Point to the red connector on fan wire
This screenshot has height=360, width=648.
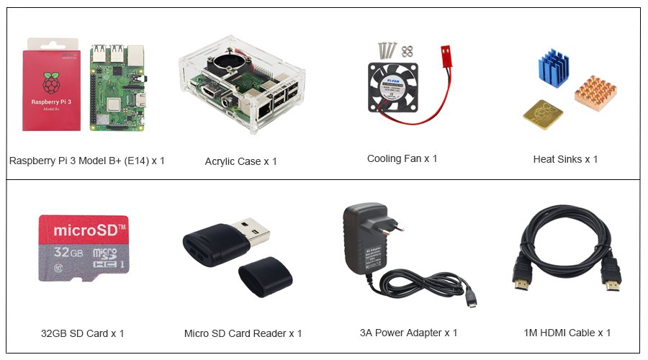click(x=444, y=53)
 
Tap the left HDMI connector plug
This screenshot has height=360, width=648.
click(x=521, y=282)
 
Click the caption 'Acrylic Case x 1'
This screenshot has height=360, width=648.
click(x=240, y=161)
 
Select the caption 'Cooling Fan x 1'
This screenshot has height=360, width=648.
click(x=402, y=158)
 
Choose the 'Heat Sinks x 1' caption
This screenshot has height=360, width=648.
click(x=565, y=159)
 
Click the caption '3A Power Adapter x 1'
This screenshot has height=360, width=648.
click(x=408, y=333)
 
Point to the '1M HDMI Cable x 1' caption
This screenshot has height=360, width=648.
click(x=567, y=333)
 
